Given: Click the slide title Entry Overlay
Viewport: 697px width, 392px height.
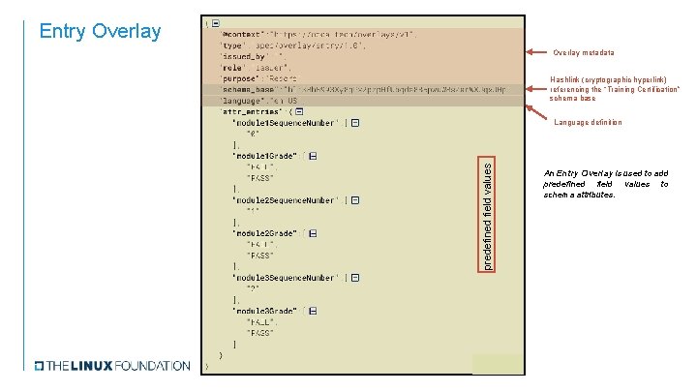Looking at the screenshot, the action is point(100,31).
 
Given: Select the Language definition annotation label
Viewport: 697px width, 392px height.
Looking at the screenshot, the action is point(589,122).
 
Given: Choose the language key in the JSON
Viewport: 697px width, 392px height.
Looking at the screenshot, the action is point(243,100).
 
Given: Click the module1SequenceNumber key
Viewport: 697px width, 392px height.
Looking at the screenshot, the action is point(287,122).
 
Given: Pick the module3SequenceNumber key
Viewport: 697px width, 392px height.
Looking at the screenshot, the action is point(287,277).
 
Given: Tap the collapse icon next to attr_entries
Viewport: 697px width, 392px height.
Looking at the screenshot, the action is point(299,111).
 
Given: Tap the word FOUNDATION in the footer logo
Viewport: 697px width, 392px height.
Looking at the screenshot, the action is point(152,366).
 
